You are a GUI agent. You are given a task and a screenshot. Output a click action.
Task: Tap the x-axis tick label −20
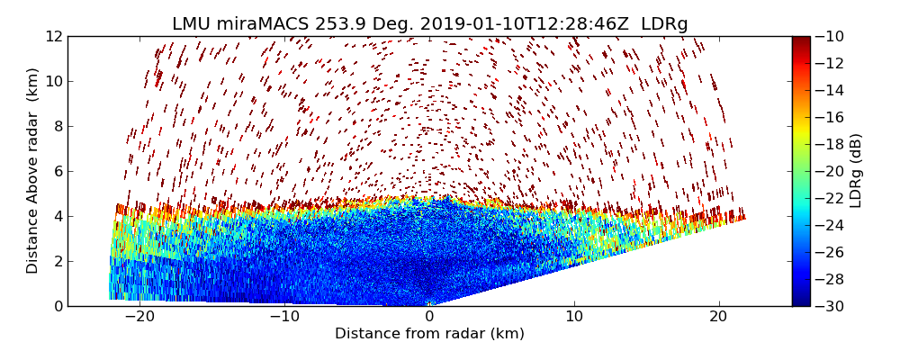pos(139,317)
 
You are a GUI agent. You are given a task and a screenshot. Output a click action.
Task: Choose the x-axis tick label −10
pos(284,317)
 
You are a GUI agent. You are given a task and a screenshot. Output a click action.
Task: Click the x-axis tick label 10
pos(574,317)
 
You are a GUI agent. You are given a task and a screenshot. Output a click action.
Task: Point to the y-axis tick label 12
pos(52,36)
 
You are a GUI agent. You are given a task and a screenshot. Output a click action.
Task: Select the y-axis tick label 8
pos(56,126)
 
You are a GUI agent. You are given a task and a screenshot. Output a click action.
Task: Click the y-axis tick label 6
pos(56,171)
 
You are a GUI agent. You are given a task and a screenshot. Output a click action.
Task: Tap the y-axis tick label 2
pos(56,261)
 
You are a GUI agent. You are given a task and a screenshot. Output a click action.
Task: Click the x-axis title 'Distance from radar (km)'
pos(429,334)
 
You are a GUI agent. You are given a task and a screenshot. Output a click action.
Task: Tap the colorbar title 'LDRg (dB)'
pos(856,170)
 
